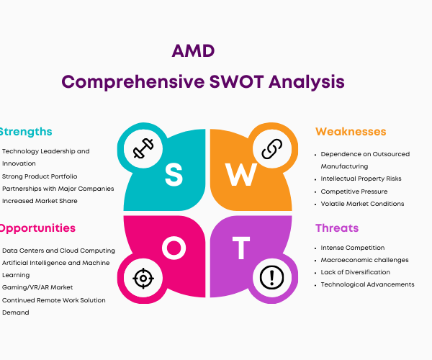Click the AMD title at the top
(x=193, y=51)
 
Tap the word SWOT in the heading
(x=236, y=82)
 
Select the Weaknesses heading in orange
(x=351, y=132)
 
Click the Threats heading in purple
(x=337, y=228)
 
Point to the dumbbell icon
(x=143, y=148)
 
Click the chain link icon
(x=272, y=149)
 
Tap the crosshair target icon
(x=143, y=278)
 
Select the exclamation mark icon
(x=272, y=277)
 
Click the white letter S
(x=174, y=174)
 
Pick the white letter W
(x=241, y=174)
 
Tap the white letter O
(x=174, y=248)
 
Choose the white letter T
(x=241, y=248)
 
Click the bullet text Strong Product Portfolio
(x=40, y=176)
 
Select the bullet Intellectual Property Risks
(x=361, y=179)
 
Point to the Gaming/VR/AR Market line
(x=37, y=287)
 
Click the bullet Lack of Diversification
(x=356, y=272)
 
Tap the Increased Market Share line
(x=40, y=201)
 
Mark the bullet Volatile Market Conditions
(x=362, y=204)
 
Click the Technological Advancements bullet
(x=367, y=284)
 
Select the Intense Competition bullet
(x=353, y=248)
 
